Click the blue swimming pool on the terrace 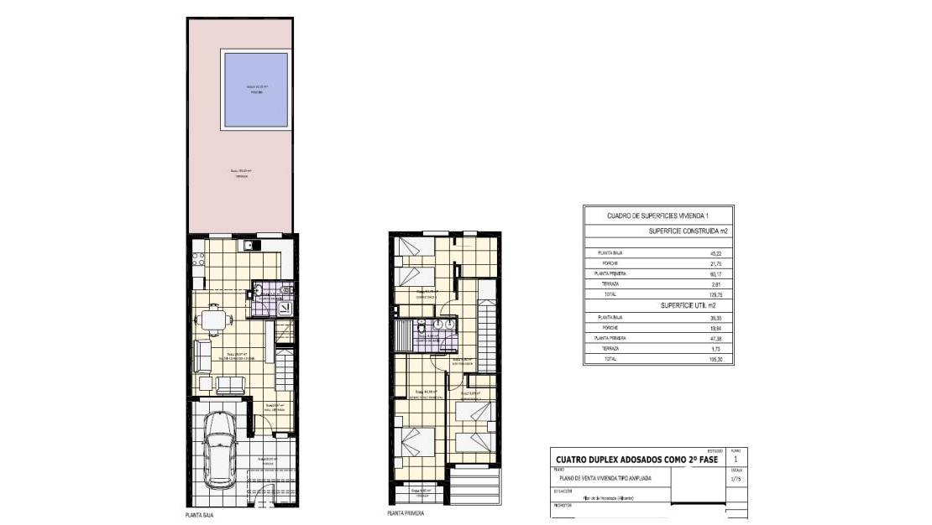(254, 89)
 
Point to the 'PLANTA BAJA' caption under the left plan (199, 515)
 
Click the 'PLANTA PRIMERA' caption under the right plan (406, 513)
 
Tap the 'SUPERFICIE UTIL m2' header (682, 307)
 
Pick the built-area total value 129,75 (716, 294)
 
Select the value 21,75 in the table (716, 262)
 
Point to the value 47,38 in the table (716, 338)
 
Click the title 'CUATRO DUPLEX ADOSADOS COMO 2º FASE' (629, 459)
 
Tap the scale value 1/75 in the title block (737, 481)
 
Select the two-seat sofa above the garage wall (231, 385)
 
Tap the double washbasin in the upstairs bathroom (444, 325)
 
